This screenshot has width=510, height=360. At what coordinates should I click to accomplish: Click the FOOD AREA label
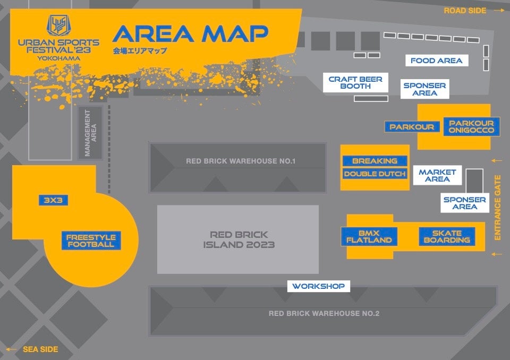point(437,61)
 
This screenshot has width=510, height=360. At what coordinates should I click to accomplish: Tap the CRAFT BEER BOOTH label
point(355,83)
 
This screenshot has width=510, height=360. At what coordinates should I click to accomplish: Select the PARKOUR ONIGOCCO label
point(471,126)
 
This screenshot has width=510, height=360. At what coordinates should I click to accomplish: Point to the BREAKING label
point(375,161)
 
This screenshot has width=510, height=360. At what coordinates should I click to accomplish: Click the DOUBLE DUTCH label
point(375,174)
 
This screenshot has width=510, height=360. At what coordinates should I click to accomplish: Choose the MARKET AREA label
point(437,176)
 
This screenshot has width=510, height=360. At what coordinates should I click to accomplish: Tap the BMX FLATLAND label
point(369,236)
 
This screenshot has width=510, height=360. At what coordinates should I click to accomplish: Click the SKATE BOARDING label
point(447,236)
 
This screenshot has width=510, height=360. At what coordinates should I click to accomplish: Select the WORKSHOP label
point(319,286)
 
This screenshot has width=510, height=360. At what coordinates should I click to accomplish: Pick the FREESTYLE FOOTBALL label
point(91,241)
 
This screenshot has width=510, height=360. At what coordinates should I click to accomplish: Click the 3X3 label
point(53,200)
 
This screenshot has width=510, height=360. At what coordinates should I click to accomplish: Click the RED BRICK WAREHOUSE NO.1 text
point(240,161)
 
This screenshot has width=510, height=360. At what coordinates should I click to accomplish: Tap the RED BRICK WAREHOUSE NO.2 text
point(324,313)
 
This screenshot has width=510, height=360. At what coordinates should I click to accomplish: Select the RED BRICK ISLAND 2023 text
point(239,239)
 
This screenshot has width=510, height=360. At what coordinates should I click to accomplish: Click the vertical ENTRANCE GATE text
point(498,208)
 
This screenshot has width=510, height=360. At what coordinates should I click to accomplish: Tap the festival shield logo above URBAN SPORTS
point(58,25)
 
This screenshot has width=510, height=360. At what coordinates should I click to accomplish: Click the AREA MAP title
point(190,34)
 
